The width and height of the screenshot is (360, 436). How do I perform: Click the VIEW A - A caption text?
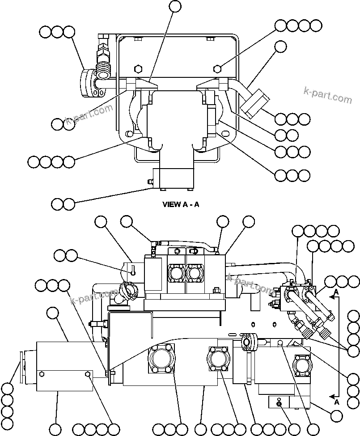pyautogui.click(x=181, y=205)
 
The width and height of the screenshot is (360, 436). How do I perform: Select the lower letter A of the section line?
pyautogui.click(x=337, y=402)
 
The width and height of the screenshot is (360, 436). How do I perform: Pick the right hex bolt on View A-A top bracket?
pyautogui.click(x=217, y=68)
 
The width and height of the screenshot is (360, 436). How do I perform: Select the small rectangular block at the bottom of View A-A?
pyautogui.click(x=173, y=178)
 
